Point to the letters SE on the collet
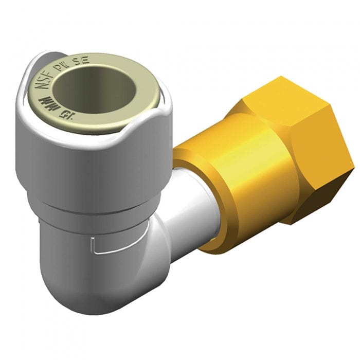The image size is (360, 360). click(82, 60)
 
